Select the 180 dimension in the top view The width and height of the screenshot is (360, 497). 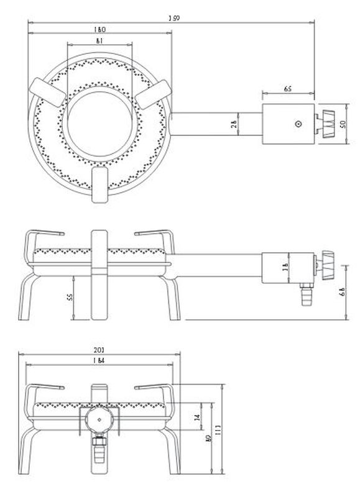coord(99,29)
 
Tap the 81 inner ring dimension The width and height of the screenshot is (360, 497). coord(99,41)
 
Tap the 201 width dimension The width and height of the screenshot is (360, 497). coord(99,351)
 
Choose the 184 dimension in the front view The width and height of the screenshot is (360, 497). coord(99,362)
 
